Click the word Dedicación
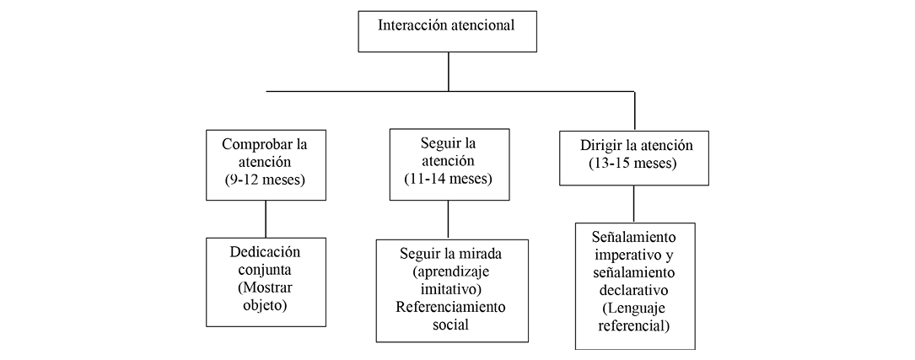[x=266, y=251]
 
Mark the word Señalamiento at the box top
[x=634, y=236]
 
